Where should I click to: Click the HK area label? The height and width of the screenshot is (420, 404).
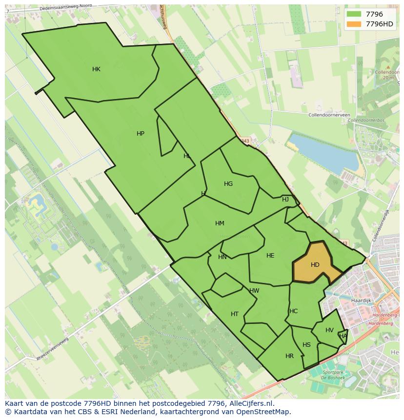pyautogui.click(x=96, y=69)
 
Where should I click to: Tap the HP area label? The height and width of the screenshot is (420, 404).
pyautogui.click(x=141, y=134)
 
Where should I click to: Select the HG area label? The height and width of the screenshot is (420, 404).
pyautogui.click(x=228, y=184)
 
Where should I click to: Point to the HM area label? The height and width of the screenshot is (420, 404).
pyautogui.click(x=220, y=223)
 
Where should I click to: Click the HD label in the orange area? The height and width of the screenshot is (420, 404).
pyautogui.click(x=315, y=265)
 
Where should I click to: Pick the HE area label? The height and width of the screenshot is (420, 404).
pyautogui.click(x=270, y=256)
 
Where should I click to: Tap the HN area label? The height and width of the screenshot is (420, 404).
pyautogui.click(x=222, y=257)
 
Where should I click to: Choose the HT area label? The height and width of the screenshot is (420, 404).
pyautogui.click(x=235, y=314)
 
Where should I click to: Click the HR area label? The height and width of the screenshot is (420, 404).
pyautogui.click(x=289, y=356)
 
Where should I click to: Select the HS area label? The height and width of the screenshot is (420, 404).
pyautogui.click(x=306, y=345)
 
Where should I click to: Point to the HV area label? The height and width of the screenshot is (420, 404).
pyautogui.click(x=329, y=330)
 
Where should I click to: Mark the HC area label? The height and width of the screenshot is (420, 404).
pyautogui.click(x=293, y=311)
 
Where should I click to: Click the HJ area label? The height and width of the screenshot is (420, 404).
pyautogui.click(x=285, y=200)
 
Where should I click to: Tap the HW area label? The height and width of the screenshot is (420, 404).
pyautogui.click(x=254, y=291)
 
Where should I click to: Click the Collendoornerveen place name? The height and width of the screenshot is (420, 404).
pyautogui.click(x=329, y=115)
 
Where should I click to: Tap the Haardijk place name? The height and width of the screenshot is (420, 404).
pyautogui.click(x=362, y=301)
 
